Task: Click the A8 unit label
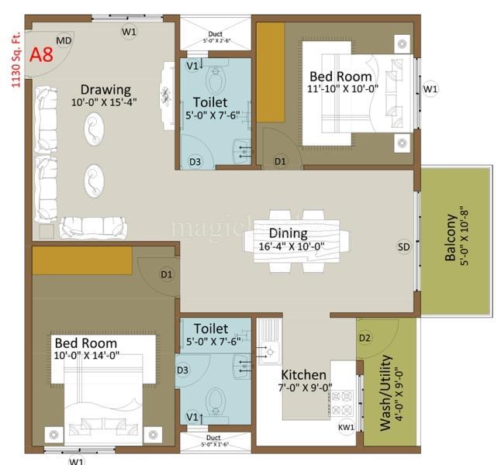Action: pos(43,56)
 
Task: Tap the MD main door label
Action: pos(64,40)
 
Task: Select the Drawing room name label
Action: pos(105,89)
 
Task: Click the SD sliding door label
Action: pos(404,247)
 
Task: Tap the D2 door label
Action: pos(365,338)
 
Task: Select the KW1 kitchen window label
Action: pos(346,427)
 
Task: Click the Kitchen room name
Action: pos(303,374)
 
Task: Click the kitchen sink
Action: pos(269,343)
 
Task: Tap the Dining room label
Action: pos(288,233)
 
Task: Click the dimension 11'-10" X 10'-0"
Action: pos(343,88)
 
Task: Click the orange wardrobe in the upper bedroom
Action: pos(271,71)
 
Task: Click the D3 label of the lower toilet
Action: pos(182,370)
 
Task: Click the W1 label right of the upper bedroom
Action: pos(431,89)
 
